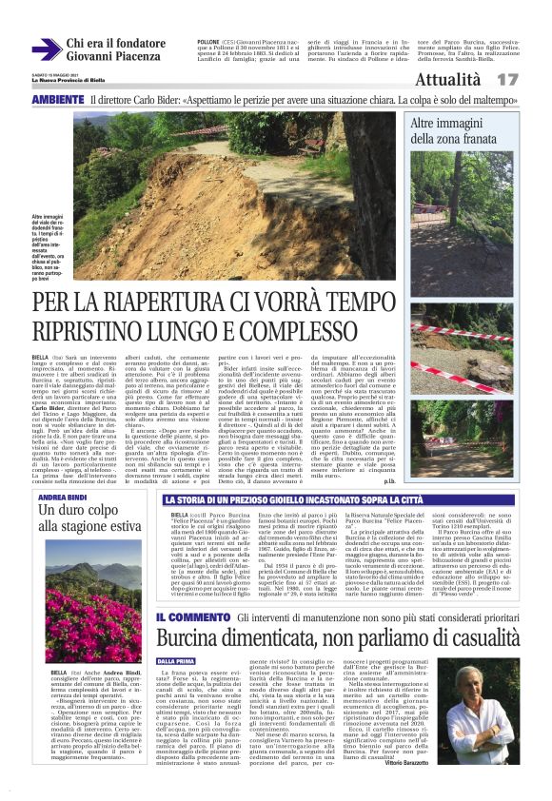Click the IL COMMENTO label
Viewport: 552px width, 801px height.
(189, 591)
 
